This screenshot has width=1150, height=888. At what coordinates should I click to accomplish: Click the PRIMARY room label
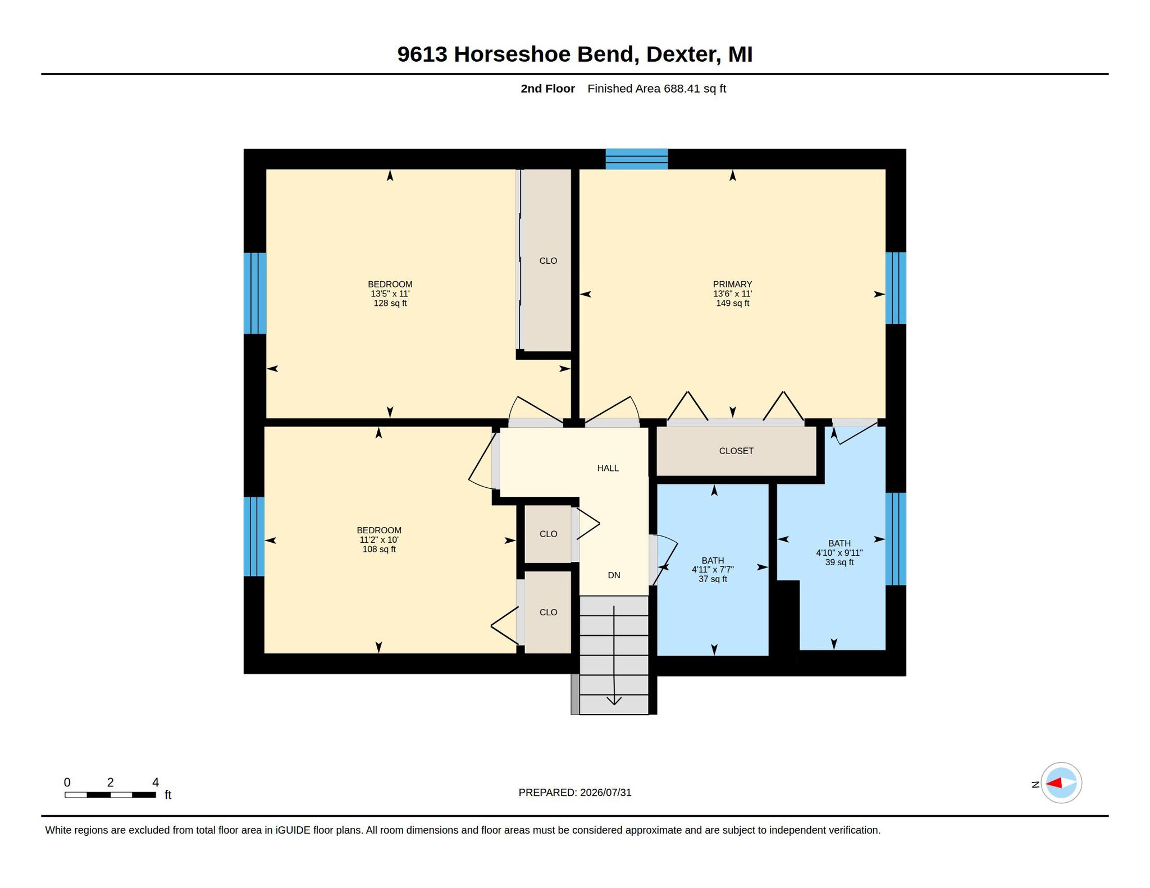tap(732, 284)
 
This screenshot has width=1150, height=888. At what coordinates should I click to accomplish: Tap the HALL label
tap(608, 468)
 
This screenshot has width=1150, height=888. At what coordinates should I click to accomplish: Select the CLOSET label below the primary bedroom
tap(736, 451)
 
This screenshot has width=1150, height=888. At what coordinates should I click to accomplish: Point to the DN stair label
tap(614, 575)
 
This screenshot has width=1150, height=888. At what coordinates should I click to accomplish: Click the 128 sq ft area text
tap(390, 303)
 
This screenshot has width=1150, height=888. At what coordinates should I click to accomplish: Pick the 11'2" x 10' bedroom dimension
tap(379, 539)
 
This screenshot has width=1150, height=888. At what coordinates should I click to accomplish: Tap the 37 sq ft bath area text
tap(713, 579)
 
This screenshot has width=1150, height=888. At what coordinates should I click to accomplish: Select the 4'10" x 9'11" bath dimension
tap(839, 552)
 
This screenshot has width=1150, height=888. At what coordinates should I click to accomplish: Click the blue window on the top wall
tap(636, 159)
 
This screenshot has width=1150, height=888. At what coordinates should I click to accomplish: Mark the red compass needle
tap(1054, 782)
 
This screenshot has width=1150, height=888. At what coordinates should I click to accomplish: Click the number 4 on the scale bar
tap(156, 782)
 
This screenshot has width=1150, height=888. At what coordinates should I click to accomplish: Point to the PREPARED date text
tap(575, 793)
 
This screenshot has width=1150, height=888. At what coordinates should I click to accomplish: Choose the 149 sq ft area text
tap(732, 303)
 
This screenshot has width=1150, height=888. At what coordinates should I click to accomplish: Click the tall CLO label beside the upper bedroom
tap(548, 260)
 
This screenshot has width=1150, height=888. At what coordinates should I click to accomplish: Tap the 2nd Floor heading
tap(547, 88)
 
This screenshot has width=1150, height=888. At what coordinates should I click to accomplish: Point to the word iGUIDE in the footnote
tap(293, 830)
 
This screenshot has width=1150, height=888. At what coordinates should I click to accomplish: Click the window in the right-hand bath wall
tap(896, 539)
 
